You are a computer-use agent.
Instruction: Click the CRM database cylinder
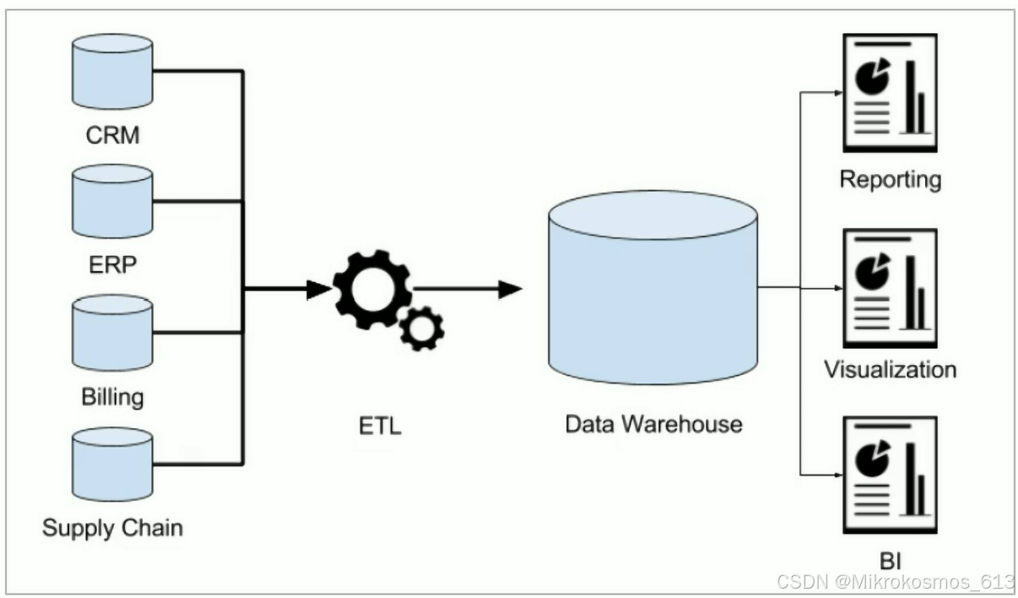[112, 73]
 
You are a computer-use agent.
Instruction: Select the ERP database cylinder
[112, 201]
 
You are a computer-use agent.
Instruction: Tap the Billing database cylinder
[112, 331]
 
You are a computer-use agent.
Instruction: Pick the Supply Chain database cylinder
[112, 462]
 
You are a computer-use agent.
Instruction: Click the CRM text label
[112, 135]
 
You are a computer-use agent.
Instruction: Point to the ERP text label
[112, 264]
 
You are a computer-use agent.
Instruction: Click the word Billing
[112, 396]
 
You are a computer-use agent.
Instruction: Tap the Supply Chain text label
[112, 529]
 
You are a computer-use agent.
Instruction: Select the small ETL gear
[421, 328]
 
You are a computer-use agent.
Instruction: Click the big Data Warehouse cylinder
[652, 287]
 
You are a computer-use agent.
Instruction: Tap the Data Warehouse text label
[653, 423]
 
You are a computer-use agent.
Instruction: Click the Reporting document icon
[890, 93]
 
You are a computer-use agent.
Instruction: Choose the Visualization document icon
[890, 288]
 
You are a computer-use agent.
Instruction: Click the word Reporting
[890, 179]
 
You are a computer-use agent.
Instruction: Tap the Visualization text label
[890, 370]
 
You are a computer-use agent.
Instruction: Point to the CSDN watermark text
[895, 581]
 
